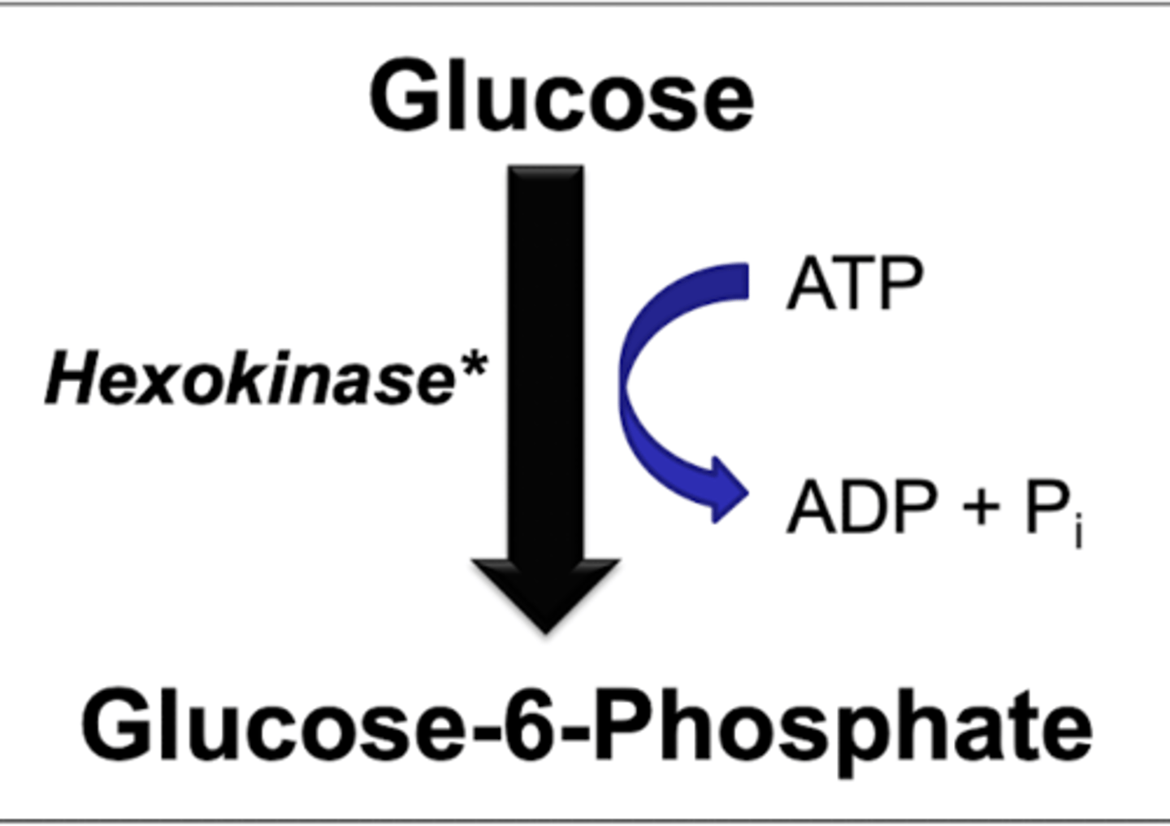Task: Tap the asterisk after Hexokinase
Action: pyautogui.click(x=472, y=366)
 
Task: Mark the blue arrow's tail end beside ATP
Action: pyautogui.click(x=735, y=281)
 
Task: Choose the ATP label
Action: pyautogui.click(x=855, y=285)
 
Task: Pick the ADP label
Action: pyautogui.click(x=861, y=507)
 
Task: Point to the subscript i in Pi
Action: pyautogui.click(x=1077, y=535)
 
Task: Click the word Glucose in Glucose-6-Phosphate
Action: pyautogui.click(x=268, y=724)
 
